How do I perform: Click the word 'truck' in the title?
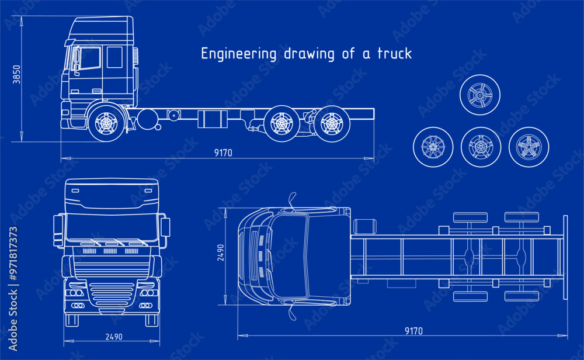click(x=394, y=54)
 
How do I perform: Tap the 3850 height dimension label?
click(x=17, y=74)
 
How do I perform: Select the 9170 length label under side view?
click(x=223, y=153)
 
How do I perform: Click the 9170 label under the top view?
click(x=413, y=331)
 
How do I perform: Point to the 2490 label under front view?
click(x=114, y=337)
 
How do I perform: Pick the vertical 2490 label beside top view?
click(x=221, y=252)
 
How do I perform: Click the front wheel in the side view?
click(x=107, y=123)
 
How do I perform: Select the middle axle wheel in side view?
click(x=281, y=123)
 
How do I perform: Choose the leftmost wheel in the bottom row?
click(x=433, y=147)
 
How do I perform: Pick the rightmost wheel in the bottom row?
click(x=529, y=147)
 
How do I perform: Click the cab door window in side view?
click(x=89, y=58)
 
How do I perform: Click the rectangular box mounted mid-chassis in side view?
click(x=210, y=119)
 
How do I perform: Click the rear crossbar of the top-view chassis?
click(x=565, y=257)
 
